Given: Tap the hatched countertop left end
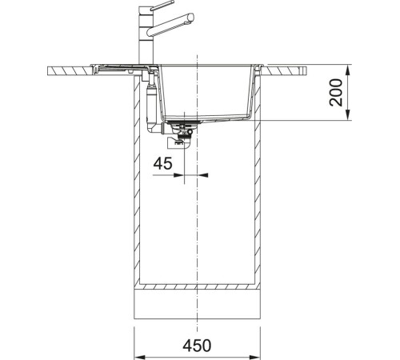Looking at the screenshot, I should (x=64, y=70).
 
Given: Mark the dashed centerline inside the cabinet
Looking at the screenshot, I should (x=197, y=224).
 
